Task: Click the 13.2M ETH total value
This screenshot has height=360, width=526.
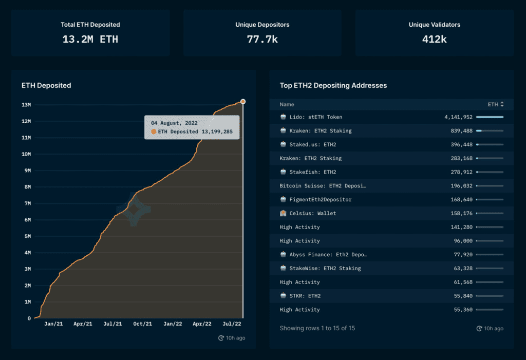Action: pyautogui.click(x=90, y=40)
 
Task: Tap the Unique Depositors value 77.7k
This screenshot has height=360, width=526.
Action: pyautogui.click(x=262, y=40)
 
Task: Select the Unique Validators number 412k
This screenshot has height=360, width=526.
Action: pyautogui.click(x=434, y=40)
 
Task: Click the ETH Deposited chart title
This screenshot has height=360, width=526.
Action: pyautogui.click(x=46, y=85)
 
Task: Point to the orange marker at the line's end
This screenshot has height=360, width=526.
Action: pyautogui.click(x=242, y=102)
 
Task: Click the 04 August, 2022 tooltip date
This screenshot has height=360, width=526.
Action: pyautogui.click(x=174, y=123)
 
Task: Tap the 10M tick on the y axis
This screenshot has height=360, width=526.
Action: pyautogui.click(x=26, y=154)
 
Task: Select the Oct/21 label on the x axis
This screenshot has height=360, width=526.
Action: pyautogui.click(x=143, y=324)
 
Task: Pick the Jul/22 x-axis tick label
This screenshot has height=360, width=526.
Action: pyautogui.click(x=232, y=324)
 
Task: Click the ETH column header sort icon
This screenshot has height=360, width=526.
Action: pyautogui.click(x=502, y=104)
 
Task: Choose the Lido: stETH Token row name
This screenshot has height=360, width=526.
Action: pyautogui.click(x=315, y=117)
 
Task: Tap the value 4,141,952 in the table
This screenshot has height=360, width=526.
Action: pyautogui.click(x=458, y=117)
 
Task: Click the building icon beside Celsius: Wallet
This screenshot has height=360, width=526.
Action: pyautogui.click(x=283, y=213)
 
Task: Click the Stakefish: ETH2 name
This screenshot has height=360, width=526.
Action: pyautogui.click(x=313, y=172)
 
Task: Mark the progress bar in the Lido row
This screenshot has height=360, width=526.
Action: pyautogui.click(x=490, y=117)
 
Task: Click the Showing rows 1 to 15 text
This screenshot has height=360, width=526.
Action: pyautogui.click(x=317, y=328)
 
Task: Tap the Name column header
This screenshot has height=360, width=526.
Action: pyautogui.click(x=287, y=104)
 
